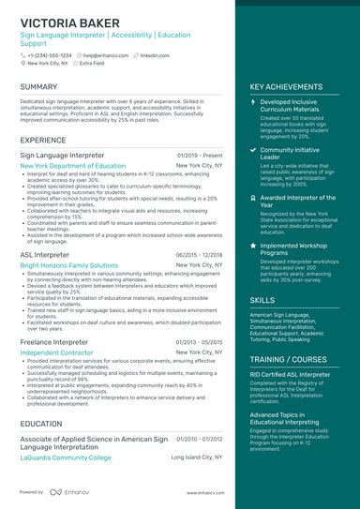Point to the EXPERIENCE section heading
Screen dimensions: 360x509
click(x=43, y=140)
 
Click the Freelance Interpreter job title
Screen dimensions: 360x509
click(x=55, y=342)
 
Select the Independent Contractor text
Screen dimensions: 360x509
click(x=57, y=352)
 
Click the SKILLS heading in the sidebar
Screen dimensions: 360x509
click(x=262, y=300)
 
